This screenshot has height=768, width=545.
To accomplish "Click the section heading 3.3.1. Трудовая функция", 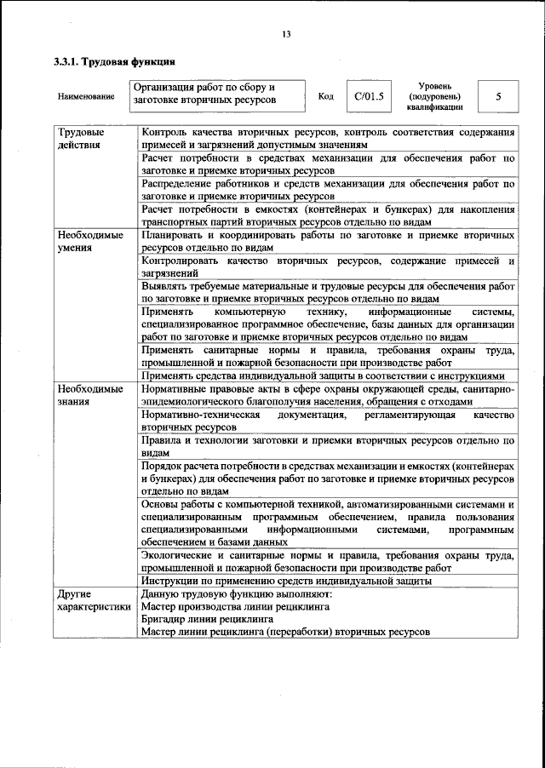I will [x=115, y=62].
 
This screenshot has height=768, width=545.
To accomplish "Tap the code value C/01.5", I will [x=370, y=96].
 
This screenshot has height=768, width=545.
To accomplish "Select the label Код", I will [x=325, y=96].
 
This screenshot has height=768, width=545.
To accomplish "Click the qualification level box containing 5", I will [x=497, y=97].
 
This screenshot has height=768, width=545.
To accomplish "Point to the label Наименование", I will [x=86, y=97].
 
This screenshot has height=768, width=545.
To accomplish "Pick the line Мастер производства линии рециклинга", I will [x=236, y=606].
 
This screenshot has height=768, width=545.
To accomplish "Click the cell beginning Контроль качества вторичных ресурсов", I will [x=328, y=139].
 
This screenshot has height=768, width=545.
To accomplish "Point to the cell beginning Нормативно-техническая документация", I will [x=328, y=420].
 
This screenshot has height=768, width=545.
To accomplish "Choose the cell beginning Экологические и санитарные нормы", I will [x=328, y=561].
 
